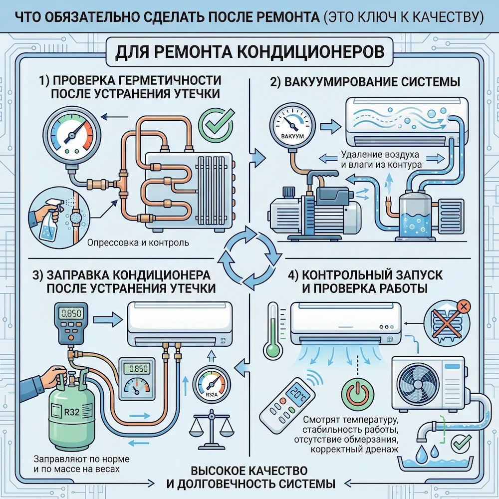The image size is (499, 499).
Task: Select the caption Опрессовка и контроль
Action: pyautogui.click(x=138, y=244)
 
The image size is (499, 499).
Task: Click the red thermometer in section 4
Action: pyautogui.click(x=272, y=329)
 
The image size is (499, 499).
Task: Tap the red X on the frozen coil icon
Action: pyautogui.click(x=463, y=306)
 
